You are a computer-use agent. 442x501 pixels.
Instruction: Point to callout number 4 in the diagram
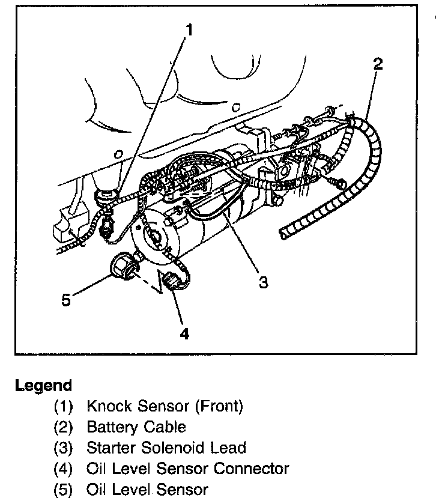click(x=184, y=333)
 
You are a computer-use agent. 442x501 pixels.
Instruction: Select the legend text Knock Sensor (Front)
click(x=165, y=406)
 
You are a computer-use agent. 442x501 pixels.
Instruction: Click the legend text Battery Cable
click(x=136, y=427)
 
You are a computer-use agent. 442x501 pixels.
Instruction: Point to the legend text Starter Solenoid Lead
click(x=166, y=448)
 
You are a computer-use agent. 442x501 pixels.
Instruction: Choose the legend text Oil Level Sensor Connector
click(x=188, y=468)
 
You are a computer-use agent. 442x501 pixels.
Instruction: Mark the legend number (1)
click(x=64, y=407)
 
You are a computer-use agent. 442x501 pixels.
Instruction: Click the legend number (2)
click(x=64, y=427)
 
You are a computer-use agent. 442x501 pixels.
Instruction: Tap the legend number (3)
click(x=64, y=448)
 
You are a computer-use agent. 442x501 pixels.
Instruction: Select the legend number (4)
click(x=64, y=468)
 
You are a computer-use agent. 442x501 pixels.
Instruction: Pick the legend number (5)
click(x=64, y=489)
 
